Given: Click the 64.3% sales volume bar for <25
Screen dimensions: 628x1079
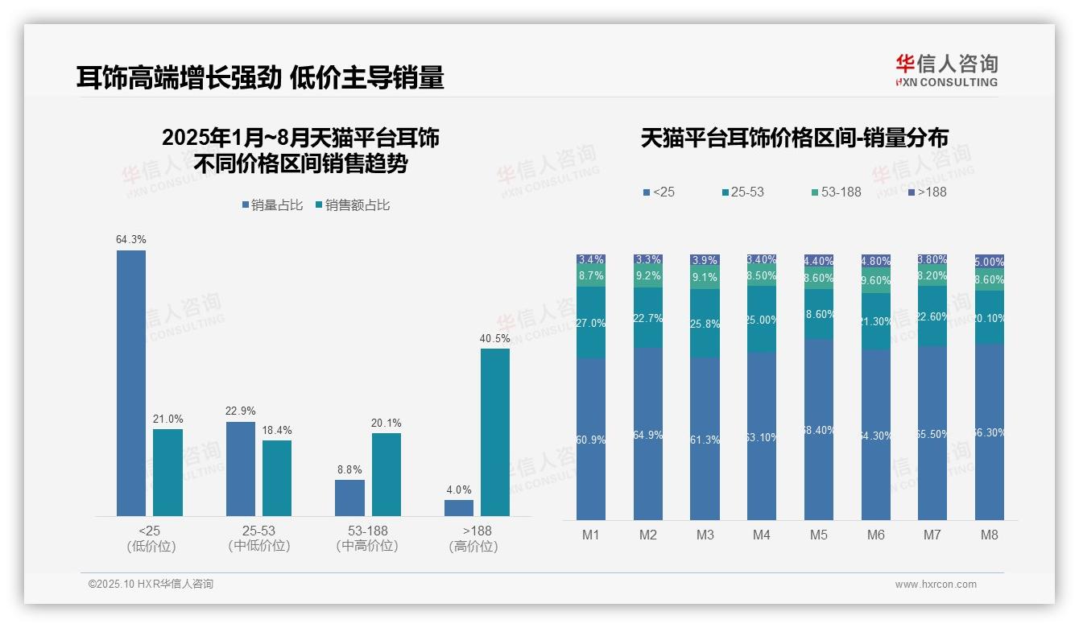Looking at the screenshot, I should (131, 382).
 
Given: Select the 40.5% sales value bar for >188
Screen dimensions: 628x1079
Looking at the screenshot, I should (495, 432).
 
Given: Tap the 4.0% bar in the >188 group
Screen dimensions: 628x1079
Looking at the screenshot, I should (459, 507).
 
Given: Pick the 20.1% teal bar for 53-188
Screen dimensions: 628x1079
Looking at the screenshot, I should (387, 474).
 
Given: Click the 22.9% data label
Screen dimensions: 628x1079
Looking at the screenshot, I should (241, 411).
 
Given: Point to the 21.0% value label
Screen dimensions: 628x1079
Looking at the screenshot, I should (168, 419).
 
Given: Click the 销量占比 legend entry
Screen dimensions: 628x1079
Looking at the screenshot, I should (272, 205).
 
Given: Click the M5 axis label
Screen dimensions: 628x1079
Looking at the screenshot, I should (819, 535).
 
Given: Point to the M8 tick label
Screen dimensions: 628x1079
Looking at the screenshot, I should (990, 535).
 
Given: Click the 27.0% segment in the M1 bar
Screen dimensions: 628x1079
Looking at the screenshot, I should (591, 323).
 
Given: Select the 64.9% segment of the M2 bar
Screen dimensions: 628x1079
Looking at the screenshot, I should (648, 434).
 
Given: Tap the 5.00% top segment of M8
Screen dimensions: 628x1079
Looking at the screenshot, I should (990, 262).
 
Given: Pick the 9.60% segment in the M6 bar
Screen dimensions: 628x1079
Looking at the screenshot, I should (876, 281).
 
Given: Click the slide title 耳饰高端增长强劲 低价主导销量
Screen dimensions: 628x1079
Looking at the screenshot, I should (260, 78).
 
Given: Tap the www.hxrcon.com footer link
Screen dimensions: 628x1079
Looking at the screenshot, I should (936, 585).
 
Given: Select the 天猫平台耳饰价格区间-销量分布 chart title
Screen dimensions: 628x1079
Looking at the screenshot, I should (794, 138).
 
